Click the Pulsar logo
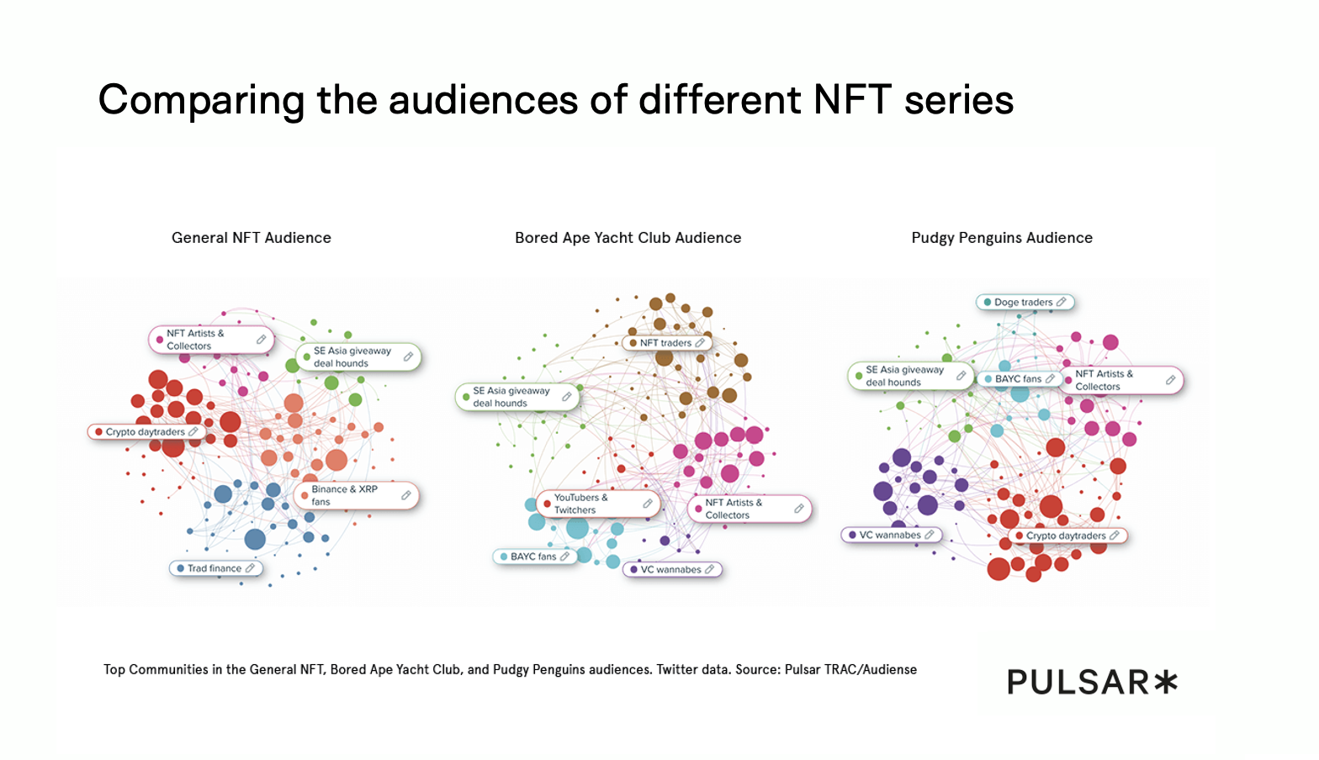point(1091,682)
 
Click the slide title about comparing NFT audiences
point(556,100)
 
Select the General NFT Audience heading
point(252,238)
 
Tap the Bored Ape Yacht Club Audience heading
point(628,238)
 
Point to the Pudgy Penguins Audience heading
point(1002,238)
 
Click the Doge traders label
point(1024,303)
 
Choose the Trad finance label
point(215,568)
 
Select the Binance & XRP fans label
point(345,495)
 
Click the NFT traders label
point(665,343)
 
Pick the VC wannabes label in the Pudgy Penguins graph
point(890,535)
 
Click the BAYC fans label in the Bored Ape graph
point(533,557)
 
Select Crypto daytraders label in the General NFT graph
point(145,432)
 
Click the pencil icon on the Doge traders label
point(1062,302)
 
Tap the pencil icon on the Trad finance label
point(250,568)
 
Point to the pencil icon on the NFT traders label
point(700,343)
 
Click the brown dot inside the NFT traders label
point(633,343)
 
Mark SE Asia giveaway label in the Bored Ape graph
point(511,397)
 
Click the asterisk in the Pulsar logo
point(1165,682)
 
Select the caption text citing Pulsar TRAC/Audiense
point(510,669)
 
